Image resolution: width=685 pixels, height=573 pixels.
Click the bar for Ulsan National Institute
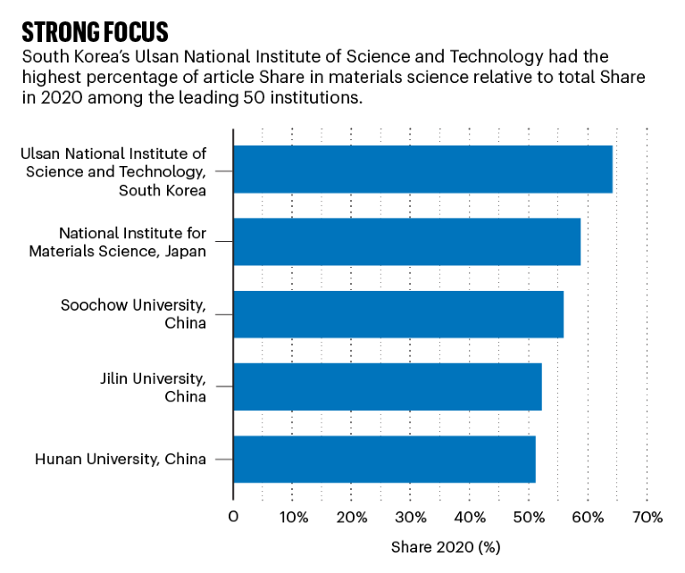pos(422,169)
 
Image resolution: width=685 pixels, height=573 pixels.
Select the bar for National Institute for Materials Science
pos(406,241)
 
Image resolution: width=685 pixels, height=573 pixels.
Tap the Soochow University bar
pos(398,313)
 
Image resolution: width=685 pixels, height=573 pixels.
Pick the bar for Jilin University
pos(388,386)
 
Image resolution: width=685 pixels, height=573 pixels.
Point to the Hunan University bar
pos(384,459)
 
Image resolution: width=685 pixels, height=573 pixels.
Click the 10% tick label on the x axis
pos(293,517)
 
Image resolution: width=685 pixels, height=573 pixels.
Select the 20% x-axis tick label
pos(352,517)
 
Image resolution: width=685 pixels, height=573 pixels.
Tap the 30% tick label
pos(411,517)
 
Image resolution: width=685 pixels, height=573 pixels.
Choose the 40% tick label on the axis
pos(470,517)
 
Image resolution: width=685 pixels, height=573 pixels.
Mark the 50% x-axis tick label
pos(529,517)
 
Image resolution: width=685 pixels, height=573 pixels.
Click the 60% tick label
pos(588,517)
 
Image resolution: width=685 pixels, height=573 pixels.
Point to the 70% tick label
pos(647,517)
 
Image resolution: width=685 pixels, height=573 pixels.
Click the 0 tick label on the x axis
pos(233,517)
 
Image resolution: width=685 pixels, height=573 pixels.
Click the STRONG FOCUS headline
pos(95,32)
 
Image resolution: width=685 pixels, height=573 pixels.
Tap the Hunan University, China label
pos(121,460)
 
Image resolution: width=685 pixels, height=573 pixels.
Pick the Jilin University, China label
pos(153,386)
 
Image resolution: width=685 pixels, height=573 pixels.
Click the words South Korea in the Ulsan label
pos(162,190)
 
